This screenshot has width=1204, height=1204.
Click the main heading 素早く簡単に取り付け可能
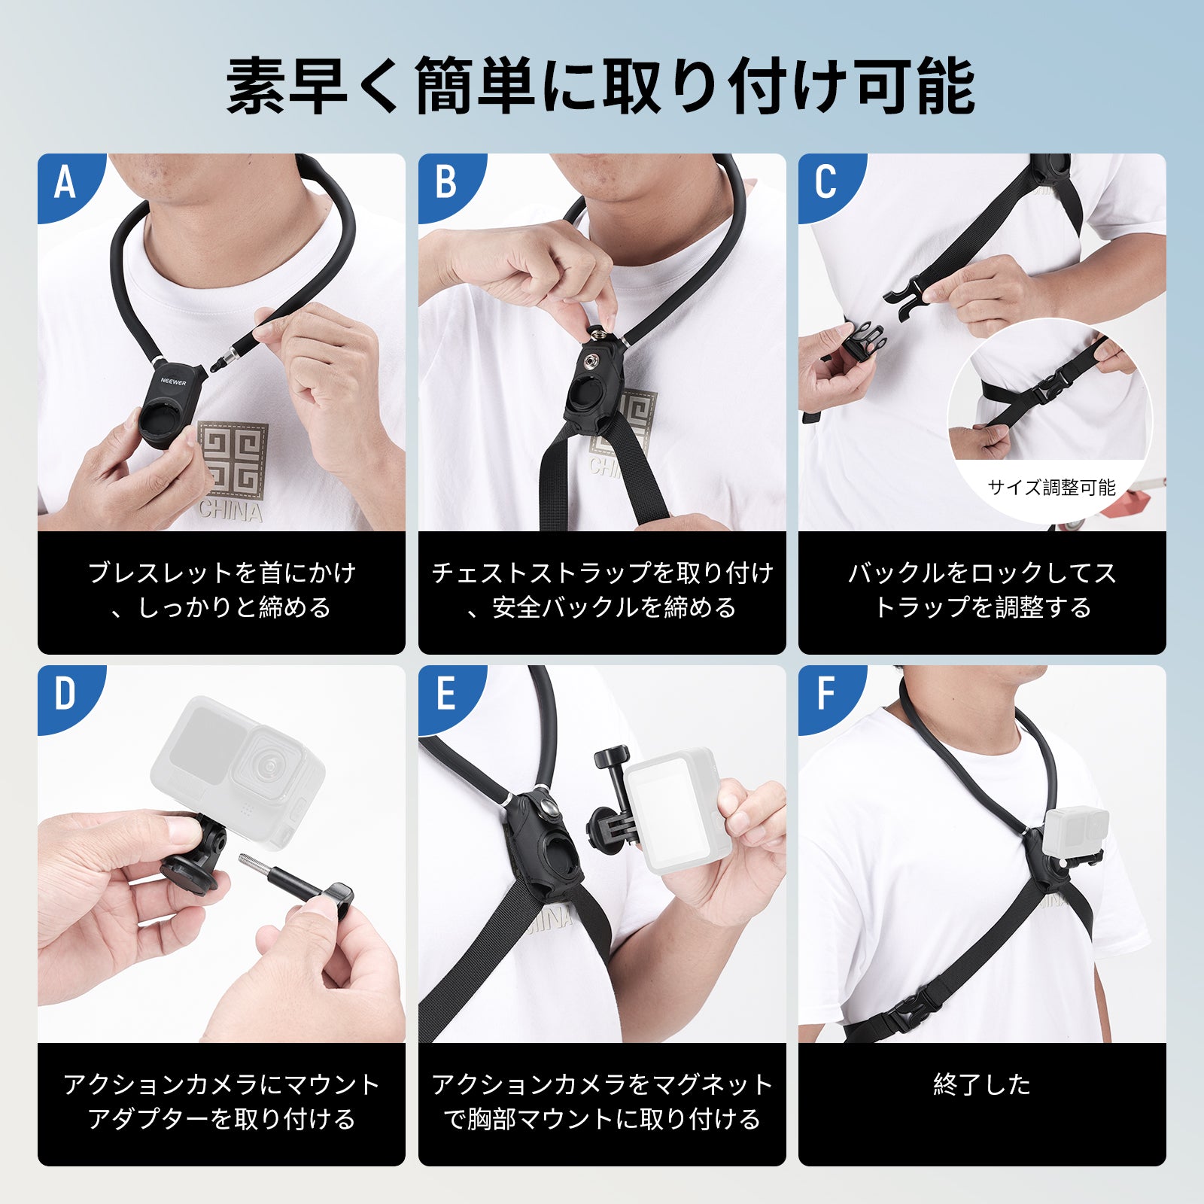pyautogui.click(x=600, y=86)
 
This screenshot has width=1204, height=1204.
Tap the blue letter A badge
pyautogui.click(x=65, y=183)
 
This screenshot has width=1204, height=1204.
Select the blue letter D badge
pyautogui.click(x=65, y=694)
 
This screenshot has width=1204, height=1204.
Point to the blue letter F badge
pyautogui.click(x=825, y=694)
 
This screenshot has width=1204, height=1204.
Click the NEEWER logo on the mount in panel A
pyautogui.click(x=174, y=382)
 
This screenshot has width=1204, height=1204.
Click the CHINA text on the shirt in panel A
pyautogui.click(x=231, y=512)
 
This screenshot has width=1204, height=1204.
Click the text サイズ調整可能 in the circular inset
pyautogui.click(x=1051, y=488)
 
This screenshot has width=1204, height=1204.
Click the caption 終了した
pyautogui.click(x=982, y=1084)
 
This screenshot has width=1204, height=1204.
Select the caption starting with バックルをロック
pyautogui.click(x=982, y=590)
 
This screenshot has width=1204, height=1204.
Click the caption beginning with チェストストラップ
pyautogui.click(x=602, y=590)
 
